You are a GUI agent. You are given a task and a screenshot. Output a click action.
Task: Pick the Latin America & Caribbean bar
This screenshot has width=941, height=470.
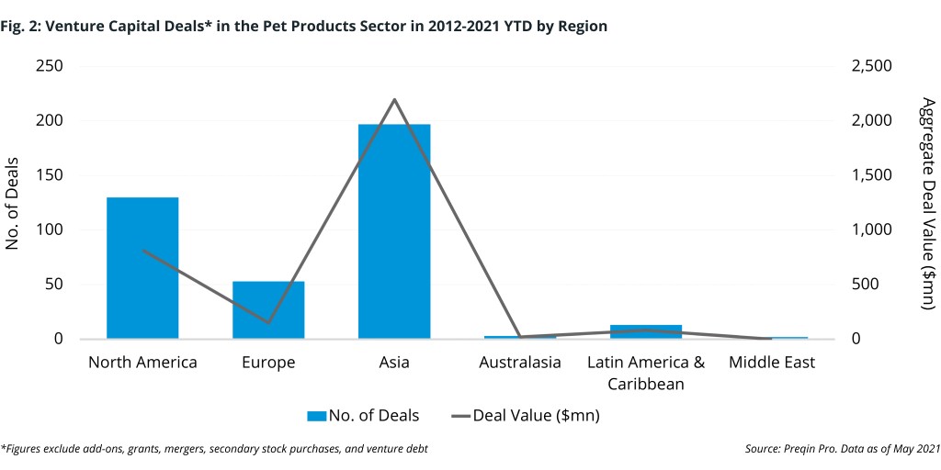click(646, 331)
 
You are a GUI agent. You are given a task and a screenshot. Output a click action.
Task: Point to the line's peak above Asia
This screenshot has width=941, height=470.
click(394, 99)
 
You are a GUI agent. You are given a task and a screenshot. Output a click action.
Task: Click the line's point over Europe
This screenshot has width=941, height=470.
click(268, 323)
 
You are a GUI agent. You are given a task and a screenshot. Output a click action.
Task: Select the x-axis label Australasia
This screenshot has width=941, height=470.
click(520, 363)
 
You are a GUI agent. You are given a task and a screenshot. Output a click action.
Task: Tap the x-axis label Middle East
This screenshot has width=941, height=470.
click(772, 363)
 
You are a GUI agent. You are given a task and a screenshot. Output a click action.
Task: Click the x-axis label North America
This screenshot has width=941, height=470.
click(142, 363)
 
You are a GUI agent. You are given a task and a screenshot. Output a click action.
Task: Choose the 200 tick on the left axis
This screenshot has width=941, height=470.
click(51, 121)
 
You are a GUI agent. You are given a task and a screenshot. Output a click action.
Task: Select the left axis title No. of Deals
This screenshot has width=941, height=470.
click(14, 203)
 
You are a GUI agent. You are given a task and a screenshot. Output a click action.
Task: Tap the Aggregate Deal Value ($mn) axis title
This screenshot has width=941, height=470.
click(927, 203)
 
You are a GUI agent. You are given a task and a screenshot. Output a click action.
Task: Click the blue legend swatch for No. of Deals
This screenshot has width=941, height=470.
click(316, 416)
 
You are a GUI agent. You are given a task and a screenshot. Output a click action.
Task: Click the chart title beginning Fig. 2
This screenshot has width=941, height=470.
click(304, 27)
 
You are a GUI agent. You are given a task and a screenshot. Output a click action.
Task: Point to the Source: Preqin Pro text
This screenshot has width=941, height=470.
click(843, 449)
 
